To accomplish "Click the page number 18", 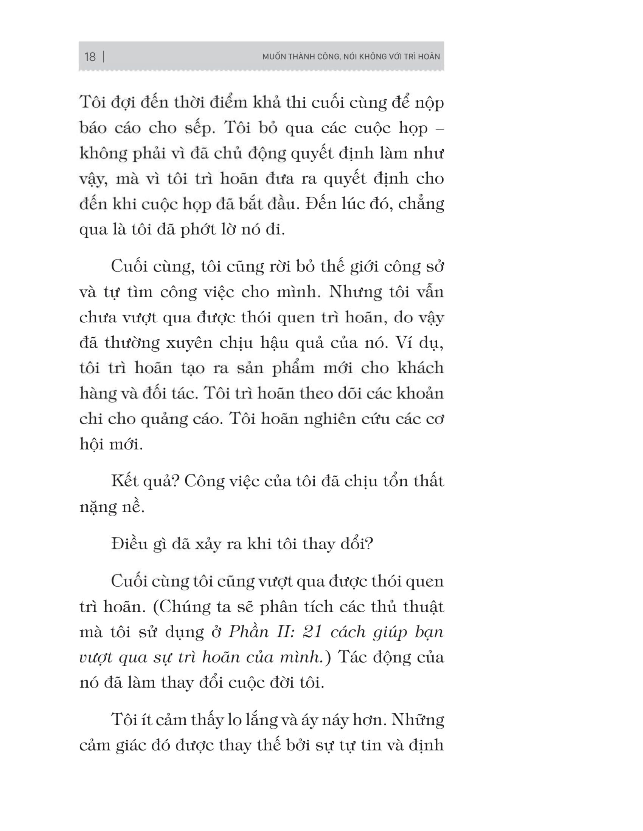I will tap(90, 57).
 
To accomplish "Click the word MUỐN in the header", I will tap(274, 57).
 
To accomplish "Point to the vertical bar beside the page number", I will tap(104, 57).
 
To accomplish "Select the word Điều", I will tap(130, 544).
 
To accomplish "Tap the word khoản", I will tap(420, 394).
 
